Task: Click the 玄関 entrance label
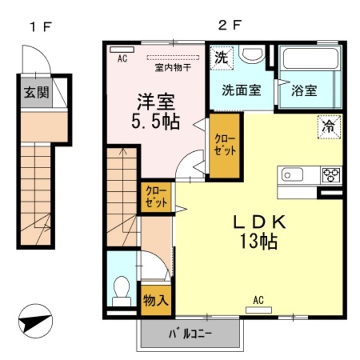(35, 92)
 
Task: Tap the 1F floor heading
(42, 26)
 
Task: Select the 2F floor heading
(229, 26)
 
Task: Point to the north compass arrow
(34, 322)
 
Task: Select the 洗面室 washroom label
(241, 90)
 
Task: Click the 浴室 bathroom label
(304, 90)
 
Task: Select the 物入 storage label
(156, 300)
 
